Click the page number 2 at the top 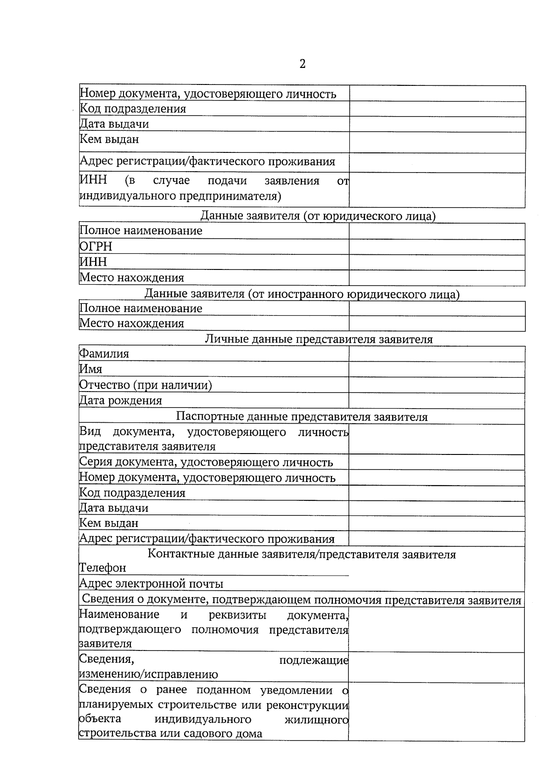302,64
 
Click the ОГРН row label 96,247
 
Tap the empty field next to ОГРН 437,247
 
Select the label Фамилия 104,354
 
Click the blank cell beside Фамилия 437,354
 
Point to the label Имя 91,369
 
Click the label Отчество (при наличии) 146,385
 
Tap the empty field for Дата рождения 437,400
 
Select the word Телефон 103,568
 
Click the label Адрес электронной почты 152,583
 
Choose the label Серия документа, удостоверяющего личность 206,462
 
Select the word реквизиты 237,615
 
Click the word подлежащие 314,660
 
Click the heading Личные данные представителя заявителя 318,339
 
